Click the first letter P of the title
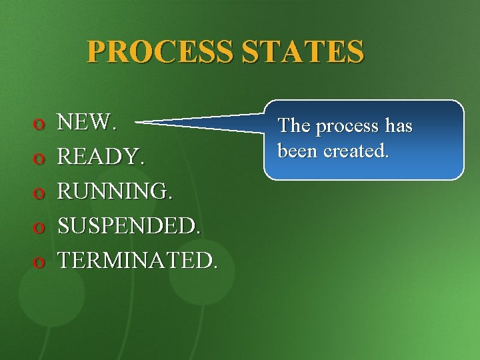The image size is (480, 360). tap(95, 51)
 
